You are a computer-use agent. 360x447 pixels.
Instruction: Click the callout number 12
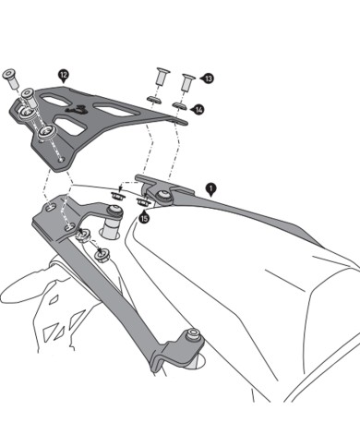[63, 72]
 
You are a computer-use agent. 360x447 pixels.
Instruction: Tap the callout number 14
[199, 109]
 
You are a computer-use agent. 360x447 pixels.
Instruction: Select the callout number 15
[144, 218]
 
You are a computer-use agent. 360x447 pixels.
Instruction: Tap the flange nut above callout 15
[143, 197]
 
